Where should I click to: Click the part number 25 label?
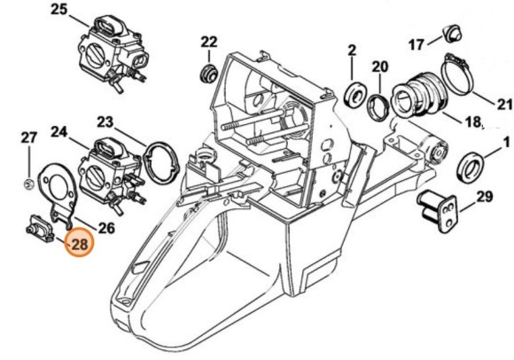pos(58,10)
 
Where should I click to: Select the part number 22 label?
pos(209,42)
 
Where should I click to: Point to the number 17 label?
pos(417,43)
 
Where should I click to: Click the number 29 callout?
pos(485,197)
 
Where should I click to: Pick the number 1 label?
pos(506,141)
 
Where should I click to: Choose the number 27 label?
pos(29,137)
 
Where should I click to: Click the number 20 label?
pos(379,67)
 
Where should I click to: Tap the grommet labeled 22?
pos(210,70)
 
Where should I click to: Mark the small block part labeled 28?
pos(41,228)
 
